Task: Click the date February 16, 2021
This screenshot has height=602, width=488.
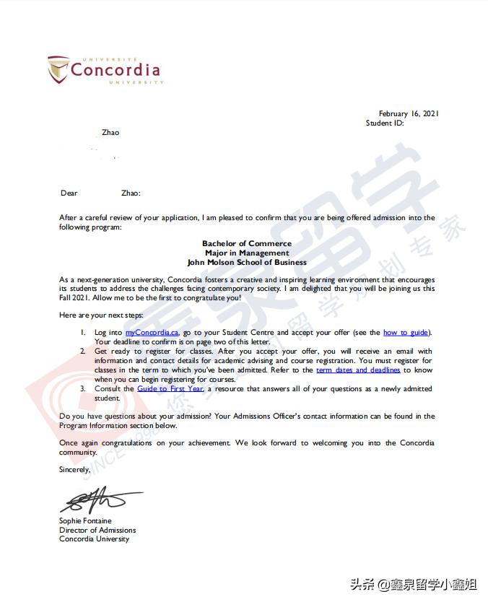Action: pos(409,113)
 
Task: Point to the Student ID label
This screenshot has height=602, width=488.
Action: pos(385,123)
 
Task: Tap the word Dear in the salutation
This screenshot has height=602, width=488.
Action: pos(69,193)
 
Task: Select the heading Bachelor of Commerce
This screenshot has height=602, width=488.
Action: pos(247,244)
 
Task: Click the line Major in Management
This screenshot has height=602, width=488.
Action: pos(247,253)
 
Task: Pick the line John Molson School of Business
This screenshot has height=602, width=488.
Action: pos(247,263)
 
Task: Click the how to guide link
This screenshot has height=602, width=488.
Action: pos(406,332)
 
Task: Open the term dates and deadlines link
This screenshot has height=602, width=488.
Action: pos(358,370)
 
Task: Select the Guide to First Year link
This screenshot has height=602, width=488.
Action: pos(171,388)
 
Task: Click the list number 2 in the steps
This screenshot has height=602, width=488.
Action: pos(83,351)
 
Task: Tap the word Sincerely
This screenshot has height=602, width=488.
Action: pos(75,469)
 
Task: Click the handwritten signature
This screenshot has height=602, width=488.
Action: pos(97,500)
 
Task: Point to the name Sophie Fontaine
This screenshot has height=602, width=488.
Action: pos(85,521)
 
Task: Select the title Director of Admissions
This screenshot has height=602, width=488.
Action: pos(97,530)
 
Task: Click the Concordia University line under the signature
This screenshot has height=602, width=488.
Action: pos(94,539)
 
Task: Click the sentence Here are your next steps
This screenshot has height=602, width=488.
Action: pos(101,315)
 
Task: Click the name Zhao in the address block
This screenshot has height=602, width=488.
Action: pos(110,132)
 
